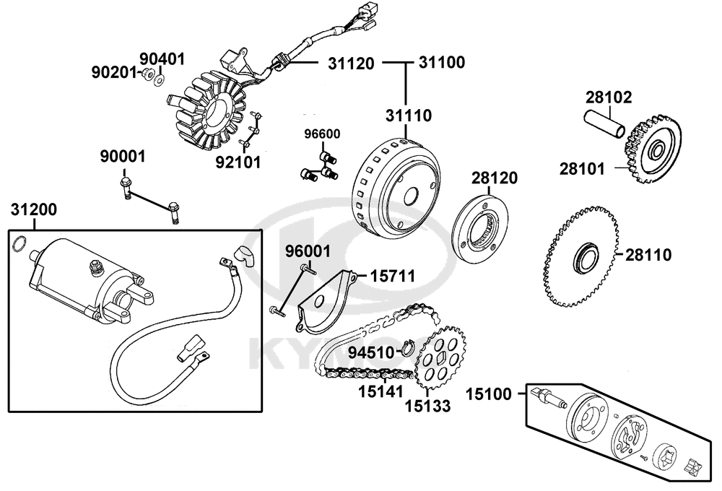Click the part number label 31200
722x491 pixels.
33,210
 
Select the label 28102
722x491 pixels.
609,97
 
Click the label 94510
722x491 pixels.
370,353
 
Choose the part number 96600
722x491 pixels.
322,134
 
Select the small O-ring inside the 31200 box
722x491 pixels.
21,243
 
